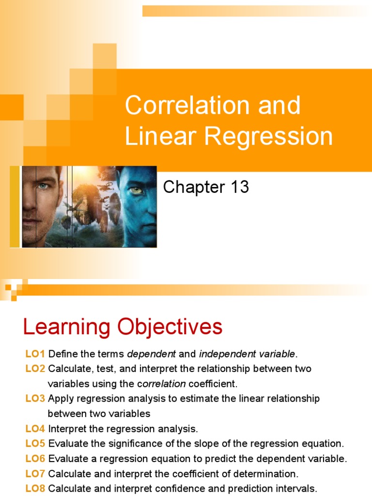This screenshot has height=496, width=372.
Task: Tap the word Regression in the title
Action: (269, 136)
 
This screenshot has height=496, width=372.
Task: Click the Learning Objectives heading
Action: (123, 327)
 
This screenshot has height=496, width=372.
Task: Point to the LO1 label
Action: (35, 354)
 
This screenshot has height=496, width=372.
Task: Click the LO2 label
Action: (35, 369)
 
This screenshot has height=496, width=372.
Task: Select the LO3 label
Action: (35, 399)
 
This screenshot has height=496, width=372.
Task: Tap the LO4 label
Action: (35, 429)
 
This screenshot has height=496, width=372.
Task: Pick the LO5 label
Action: (35, 444)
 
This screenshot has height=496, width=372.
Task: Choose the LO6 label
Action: (35, 459)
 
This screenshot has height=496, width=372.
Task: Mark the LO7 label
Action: (35, 474)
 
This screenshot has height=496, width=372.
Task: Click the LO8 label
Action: (35, 488)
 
